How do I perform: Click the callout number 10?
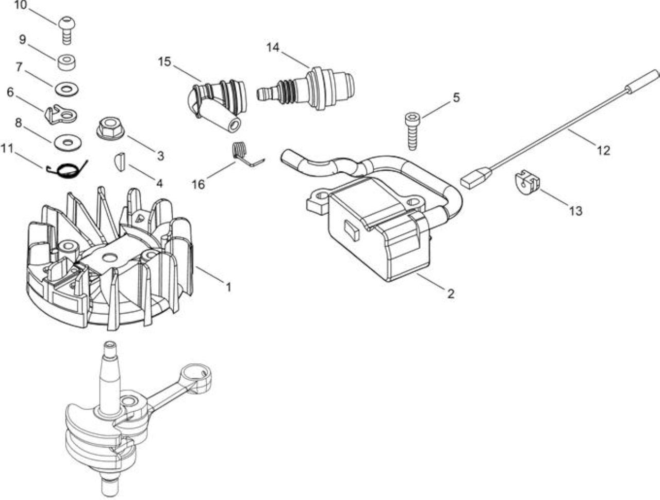pos(21,5)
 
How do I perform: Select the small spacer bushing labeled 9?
pos(66,62)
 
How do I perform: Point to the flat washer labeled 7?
pos(67,89)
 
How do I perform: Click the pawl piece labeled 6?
pos(61,115)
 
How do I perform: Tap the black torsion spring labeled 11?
pos(67,170)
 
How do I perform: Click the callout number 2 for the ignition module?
pos(451,294)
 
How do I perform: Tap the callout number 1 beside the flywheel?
pos(228,287)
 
